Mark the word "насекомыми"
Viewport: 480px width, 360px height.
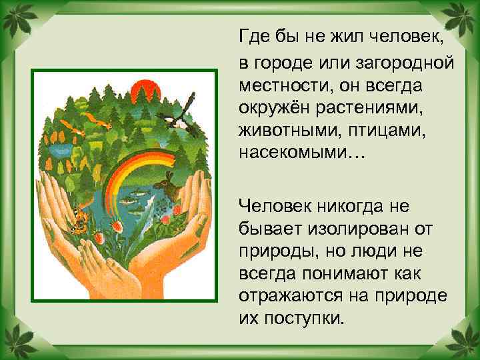pyautogui.click(x=293, y=153)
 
